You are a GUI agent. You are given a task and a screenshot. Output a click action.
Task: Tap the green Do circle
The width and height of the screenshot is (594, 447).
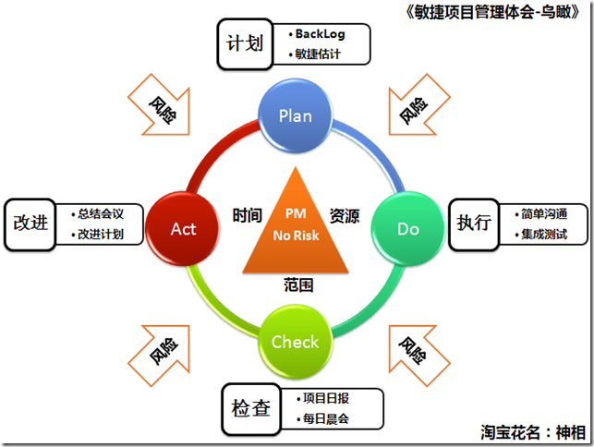pyautogui.click(x=407, y=228)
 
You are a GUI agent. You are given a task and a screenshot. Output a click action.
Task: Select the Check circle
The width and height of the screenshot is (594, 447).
pyautogui.click(x=295, y=342)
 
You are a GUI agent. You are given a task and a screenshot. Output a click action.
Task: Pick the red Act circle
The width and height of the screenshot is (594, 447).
pyautogui.click(x=183, y=228)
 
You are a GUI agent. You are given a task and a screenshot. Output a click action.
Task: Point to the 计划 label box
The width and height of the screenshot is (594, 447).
pyautogui.click(x=245, y=42)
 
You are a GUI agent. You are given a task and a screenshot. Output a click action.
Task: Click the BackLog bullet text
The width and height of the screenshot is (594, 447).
pyautogui.click(x=319, y=34)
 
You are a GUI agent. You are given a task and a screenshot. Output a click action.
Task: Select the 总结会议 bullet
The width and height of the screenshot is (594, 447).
pyautogui.click(x=101, y=212)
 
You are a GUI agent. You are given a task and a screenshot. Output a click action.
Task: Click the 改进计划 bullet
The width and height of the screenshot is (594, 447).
pyautogui.click(x=101, y=234)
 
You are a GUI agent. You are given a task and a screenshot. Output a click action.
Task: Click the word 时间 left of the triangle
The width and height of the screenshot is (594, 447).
pyautogui.click(x=247, y=214)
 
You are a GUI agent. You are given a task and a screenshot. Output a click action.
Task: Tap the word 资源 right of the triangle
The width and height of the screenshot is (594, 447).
pyautogui.click(x=345, y=214)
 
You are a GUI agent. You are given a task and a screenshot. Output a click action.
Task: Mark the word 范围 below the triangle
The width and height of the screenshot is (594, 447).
pyautogui.click(x=298, y=285)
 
